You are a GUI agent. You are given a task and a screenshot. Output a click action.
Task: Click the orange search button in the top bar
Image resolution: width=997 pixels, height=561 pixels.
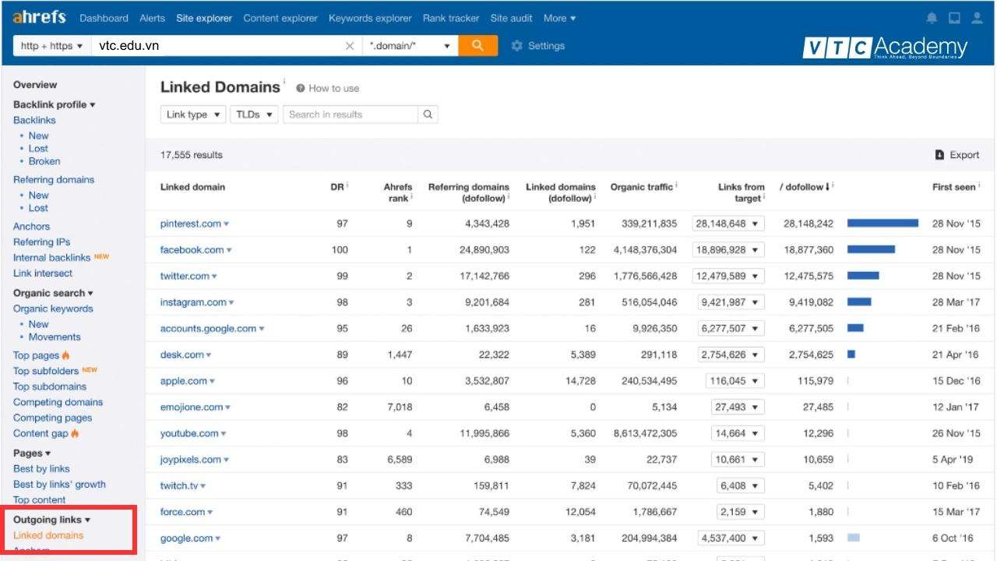click(477, 46)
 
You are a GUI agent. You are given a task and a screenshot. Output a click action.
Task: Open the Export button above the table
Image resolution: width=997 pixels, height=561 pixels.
click(957, 155)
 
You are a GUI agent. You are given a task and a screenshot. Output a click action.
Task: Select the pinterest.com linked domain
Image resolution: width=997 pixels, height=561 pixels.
click(191, 224)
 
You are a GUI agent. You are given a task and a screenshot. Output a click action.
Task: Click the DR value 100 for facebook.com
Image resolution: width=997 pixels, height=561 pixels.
click(340, 250)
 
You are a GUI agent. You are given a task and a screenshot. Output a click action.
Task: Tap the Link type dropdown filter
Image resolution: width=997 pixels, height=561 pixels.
click(193, 115)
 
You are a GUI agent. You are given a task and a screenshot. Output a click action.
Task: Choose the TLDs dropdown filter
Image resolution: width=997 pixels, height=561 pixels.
click(254, 115)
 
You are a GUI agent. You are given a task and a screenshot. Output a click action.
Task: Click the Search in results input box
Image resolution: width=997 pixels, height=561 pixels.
click(351, 115)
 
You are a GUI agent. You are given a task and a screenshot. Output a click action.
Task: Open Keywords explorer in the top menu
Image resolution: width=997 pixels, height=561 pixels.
click(370, 18)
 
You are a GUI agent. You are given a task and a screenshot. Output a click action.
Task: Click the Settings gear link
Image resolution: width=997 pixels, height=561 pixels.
click(537, 46)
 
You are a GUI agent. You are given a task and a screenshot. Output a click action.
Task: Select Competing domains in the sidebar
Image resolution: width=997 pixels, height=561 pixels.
click(58, 402)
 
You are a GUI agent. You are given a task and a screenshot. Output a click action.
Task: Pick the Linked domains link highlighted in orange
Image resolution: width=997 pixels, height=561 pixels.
click(48, 535)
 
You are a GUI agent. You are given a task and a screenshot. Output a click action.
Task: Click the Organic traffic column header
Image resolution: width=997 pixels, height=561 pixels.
click(642, 187)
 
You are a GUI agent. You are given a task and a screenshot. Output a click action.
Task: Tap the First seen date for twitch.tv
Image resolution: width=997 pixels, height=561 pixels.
click(956, 485)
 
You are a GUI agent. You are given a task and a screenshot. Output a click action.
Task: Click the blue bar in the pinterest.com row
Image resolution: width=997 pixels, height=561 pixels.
click(883, 224)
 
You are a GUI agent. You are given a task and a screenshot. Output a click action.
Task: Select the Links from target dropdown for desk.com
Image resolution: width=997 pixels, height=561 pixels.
click(732, 355)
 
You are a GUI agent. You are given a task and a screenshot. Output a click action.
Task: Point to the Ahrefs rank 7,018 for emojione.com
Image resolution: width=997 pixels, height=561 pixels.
click(398, 407)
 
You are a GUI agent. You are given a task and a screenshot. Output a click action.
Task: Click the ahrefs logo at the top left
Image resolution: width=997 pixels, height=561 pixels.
click(39, 17)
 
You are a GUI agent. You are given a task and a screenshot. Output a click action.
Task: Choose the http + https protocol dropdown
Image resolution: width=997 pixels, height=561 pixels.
click(51, 46)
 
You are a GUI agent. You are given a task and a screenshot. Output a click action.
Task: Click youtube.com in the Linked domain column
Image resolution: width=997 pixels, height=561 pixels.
click(189, 433)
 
